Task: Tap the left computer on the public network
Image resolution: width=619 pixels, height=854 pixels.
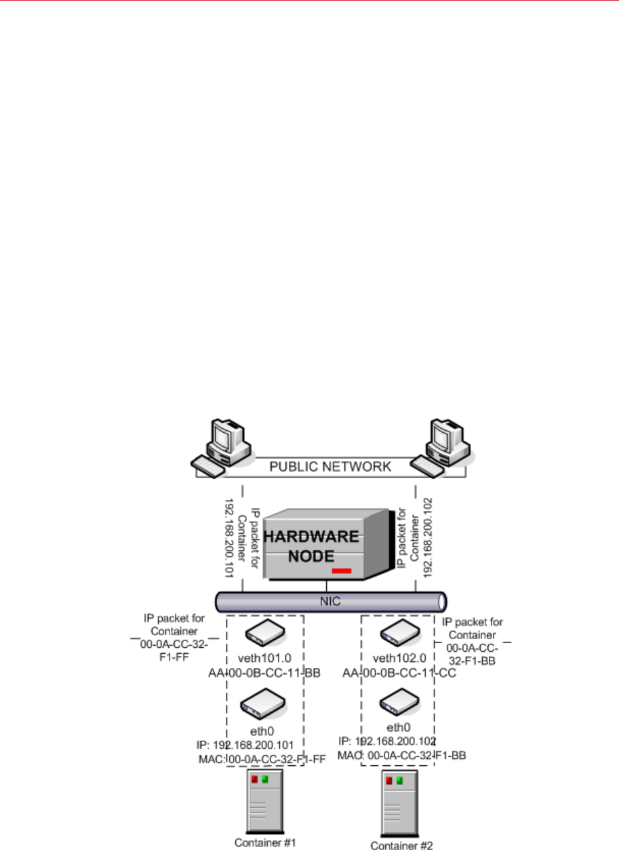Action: click(x=218, y=448)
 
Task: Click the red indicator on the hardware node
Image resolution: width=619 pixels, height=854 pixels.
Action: click(x=342, y=572)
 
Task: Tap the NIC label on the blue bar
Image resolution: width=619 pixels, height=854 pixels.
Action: click(x=330, y=600)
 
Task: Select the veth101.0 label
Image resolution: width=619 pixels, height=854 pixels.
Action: click(x=264, y=658)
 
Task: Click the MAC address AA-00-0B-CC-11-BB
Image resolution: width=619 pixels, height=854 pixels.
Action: click(x=264, y=672)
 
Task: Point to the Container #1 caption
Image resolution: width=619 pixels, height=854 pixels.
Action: click(x=263, y=844)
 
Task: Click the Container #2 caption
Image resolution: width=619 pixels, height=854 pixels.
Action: click(x=397, y=845)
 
